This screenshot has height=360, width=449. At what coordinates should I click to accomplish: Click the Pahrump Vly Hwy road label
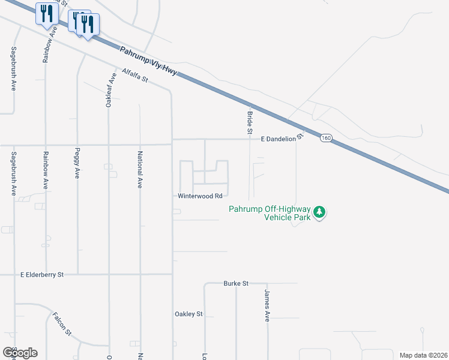[148, 61]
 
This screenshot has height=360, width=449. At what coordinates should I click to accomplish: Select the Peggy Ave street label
[77, 164]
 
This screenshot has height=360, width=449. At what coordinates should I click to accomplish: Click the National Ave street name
[140, 172]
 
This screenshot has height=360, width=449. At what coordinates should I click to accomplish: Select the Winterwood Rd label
[200, 196]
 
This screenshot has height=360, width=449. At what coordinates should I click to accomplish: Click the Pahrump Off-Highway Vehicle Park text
[270, 213]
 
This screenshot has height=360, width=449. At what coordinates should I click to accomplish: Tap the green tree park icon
[321, 212]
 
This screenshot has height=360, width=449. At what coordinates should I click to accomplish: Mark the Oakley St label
[188, 314]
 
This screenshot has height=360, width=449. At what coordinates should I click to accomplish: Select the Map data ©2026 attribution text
[423, 355]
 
